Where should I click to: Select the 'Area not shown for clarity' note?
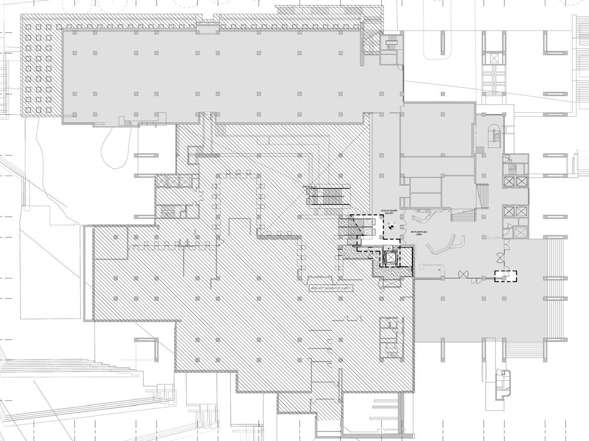(x=331, y=288)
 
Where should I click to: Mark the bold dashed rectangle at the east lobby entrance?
(x=505, y=275)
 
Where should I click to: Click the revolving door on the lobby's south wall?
(x=464, y=274)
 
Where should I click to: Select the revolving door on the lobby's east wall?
(x=499, y=257)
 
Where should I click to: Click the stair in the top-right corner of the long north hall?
(x=391, y=44)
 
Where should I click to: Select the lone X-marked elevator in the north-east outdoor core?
(x=495, y=58)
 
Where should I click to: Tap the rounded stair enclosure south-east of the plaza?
(x=502, y=384)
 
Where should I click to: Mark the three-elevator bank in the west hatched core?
(x=173, y=182)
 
